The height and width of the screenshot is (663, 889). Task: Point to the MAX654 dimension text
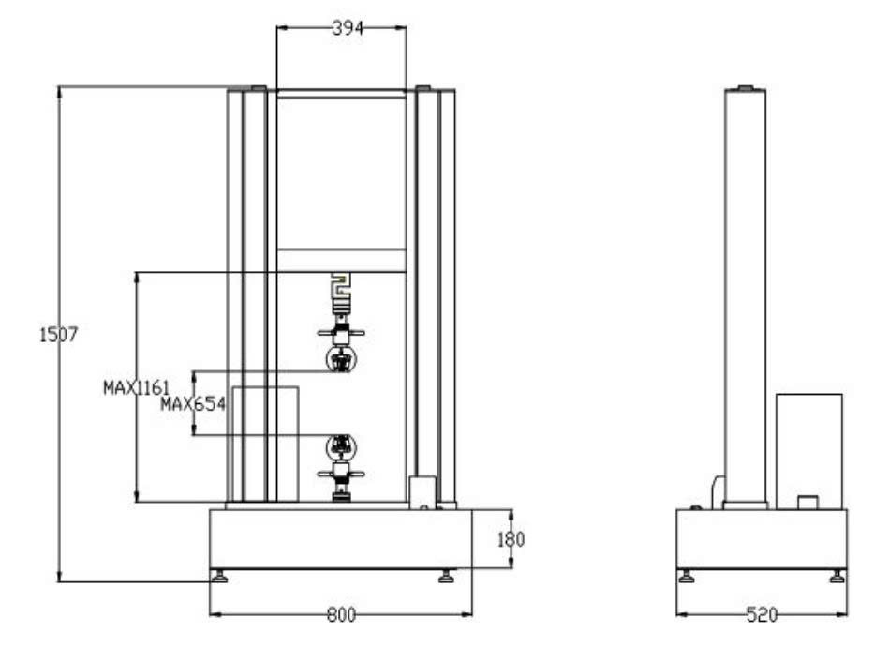pos(193,404)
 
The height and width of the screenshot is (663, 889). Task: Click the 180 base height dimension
pos(511,539)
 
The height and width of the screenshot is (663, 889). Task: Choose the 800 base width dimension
pos(342,615)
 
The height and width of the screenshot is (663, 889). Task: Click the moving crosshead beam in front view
pos(341,260)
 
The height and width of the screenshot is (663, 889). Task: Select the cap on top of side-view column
pos(745,88)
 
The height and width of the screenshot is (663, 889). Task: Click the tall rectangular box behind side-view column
pos(808,450)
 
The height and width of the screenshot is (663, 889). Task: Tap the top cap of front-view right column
pos(422,89)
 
